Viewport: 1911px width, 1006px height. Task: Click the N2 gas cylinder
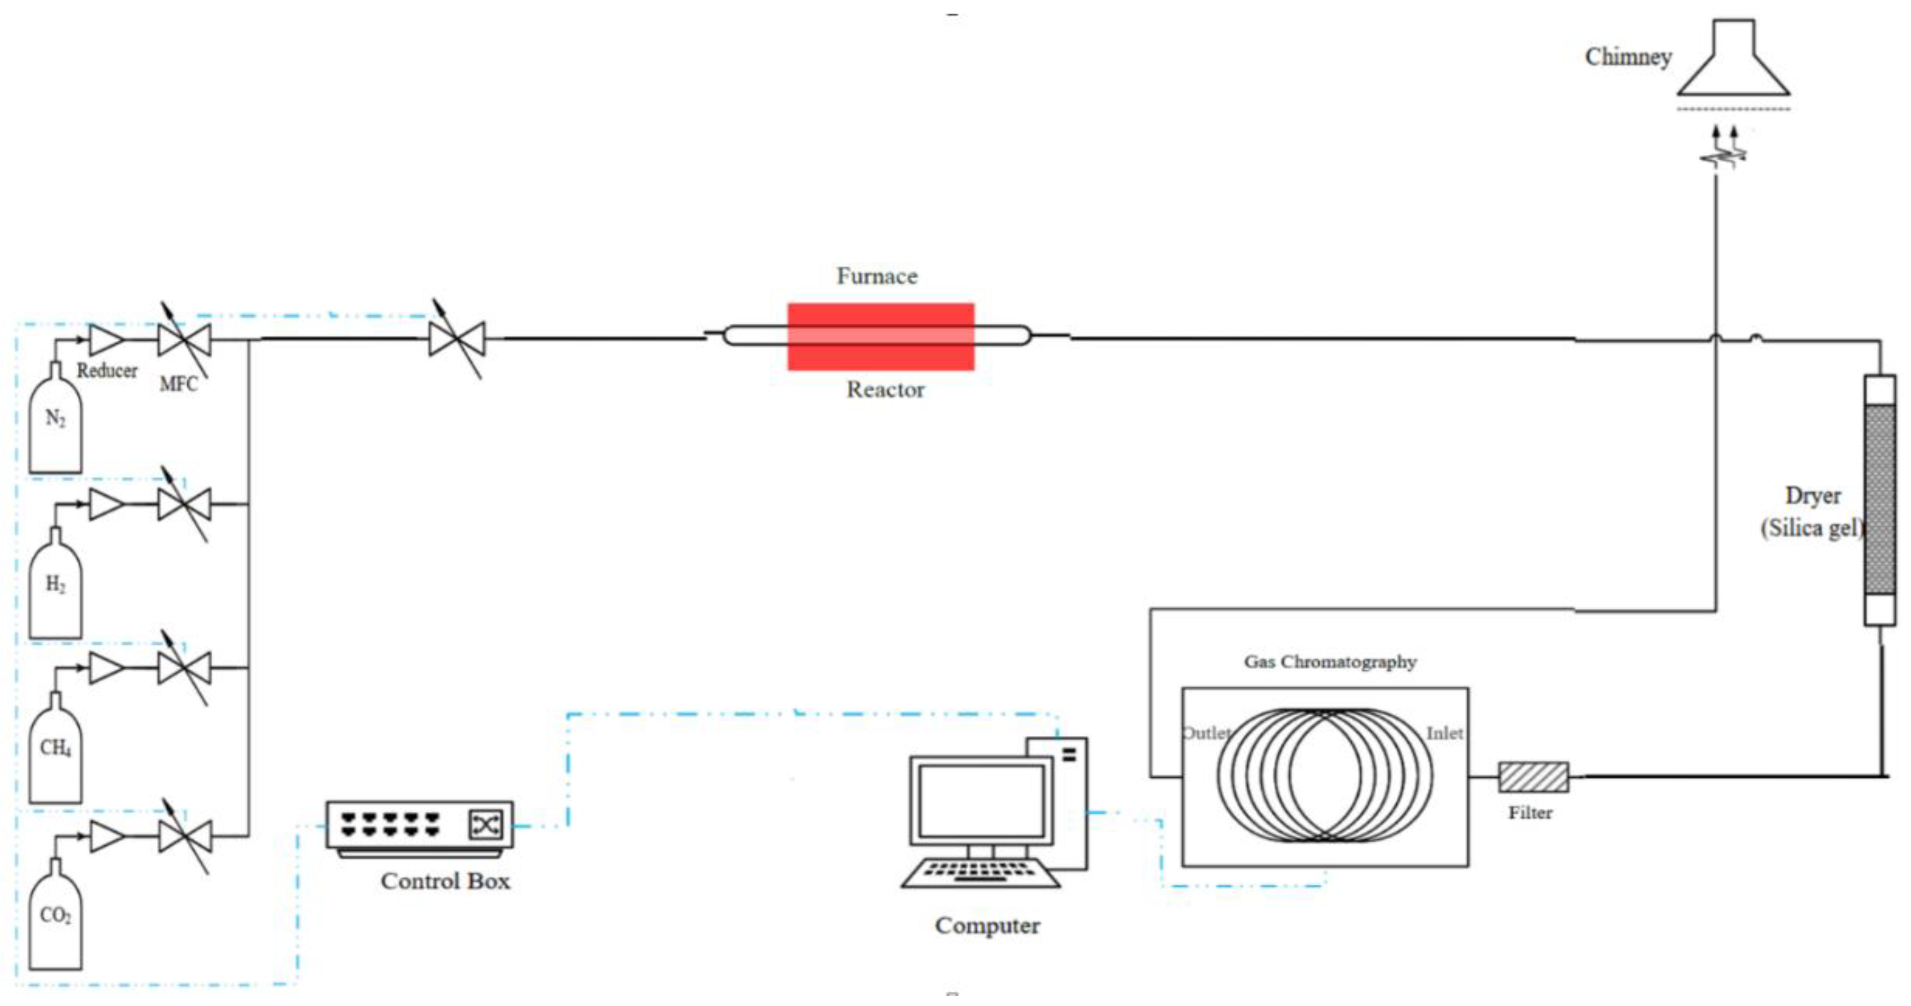click(x=55, y=427)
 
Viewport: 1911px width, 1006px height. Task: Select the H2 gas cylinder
click(x=55, y=592)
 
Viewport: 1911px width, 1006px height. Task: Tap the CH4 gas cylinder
click(x=55, y=755)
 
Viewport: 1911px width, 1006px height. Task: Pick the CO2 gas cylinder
click(x=55, y=922)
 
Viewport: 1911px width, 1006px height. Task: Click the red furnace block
click(x=881, y=336)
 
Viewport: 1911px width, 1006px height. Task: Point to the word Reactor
click(x=885, y=390)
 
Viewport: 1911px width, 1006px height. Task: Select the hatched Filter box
click(x=1533, y=777)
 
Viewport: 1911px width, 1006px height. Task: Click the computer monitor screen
click(x=981, y=801)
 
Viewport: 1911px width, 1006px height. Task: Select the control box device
click(x=419, y=825)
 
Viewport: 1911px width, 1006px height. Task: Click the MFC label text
click(x=179, y=384)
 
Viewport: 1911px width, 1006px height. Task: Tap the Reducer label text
click(x=107, y=370)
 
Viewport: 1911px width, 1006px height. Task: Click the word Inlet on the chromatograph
click(x=1444, y=733)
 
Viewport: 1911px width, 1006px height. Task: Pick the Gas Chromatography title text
click(x=1330, y=661)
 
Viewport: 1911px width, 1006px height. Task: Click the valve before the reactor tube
click(x=457, y=339)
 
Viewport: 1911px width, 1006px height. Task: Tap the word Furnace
click(x=877, y=276)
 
